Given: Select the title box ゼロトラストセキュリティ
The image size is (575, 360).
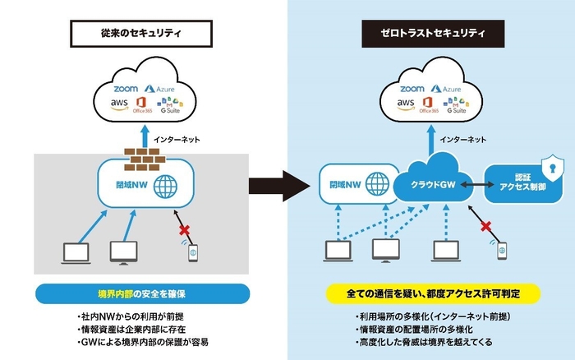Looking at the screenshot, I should point(430,34).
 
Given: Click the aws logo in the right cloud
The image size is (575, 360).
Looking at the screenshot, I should point(406,104).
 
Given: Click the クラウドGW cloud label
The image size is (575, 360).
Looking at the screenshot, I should point(430,186).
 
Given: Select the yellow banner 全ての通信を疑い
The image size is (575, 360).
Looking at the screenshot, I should point(431,293).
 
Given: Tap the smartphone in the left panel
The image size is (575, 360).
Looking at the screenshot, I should point(192,252).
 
